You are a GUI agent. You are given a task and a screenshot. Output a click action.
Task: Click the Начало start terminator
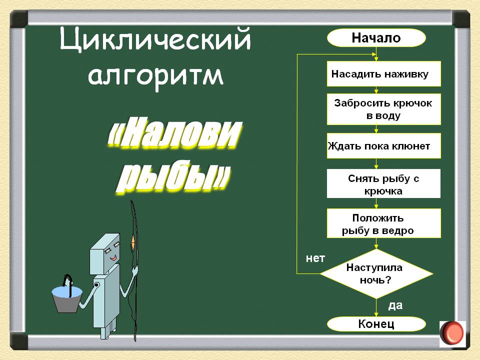pyautogui.click(x=376, y=37)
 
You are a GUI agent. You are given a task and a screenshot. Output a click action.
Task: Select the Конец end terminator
pyautogui.click(x=376, y=324)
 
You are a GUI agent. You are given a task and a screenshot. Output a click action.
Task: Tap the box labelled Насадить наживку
pyautogui.click(x=384, y=74)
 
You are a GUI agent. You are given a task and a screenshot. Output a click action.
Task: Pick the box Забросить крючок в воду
pyautogui.click(x=384, y=109)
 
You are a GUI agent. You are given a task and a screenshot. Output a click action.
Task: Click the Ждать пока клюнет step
pyautogui.click(x=384, y=145)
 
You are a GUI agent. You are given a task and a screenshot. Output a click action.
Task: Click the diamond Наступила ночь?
pyautogui.click(x=376, y=273)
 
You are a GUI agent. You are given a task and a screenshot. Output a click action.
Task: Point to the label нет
pyautogui.click(x=315, y=258)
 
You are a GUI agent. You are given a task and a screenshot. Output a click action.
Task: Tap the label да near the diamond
pyautogui.click(x=395, y=305)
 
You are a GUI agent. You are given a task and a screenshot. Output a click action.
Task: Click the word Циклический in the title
pyautogui.click(x=155, y=39)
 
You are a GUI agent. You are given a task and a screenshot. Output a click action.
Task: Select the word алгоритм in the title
pyautogui.click(x=155, y=76)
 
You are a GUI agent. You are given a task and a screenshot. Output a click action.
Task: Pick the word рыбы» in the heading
pyautogui.click(x=172, y=176)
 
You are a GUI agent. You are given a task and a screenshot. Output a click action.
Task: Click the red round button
pyautogui.click(x=452, y=333)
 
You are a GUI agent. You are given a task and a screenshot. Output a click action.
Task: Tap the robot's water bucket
pyautogui.click(x=66, y=299)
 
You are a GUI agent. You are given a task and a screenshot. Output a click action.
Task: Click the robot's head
pyautogui.click(x=104, y=254)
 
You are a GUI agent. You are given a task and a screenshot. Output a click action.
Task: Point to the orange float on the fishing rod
pyautogui.click(x=133, y=242)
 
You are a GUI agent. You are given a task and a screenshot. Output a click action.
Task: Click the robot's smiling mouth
pyautogui.click(x=113, y=258)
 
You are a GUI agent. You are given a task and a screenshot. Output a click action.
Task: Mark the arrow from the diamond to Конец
pyautogui.click(x=376, y=307)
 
